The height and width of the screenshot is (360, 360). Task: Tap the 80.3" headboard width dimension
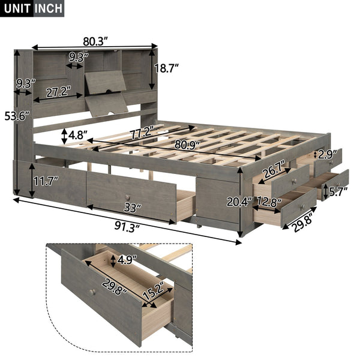click(95, 42)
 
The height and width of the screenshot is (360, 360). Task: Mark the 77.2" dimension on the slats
click(146, 130)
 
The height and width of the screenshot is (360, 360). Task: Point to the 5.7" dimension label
click(337, 192)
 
